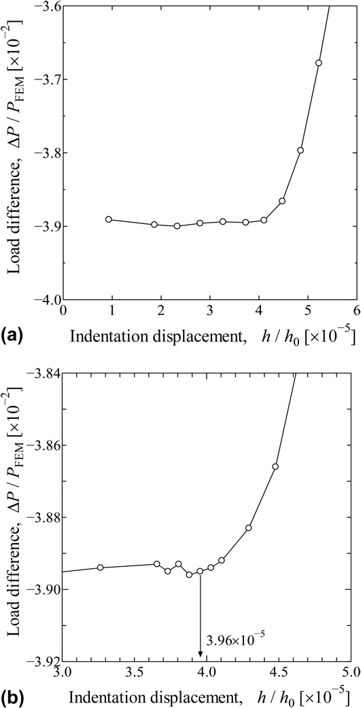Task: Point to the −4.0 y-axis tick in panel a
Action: [46, 299]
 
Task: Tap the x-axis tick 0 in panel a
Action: [63, 311]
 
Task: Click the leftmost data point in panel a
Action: [109, 219]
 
